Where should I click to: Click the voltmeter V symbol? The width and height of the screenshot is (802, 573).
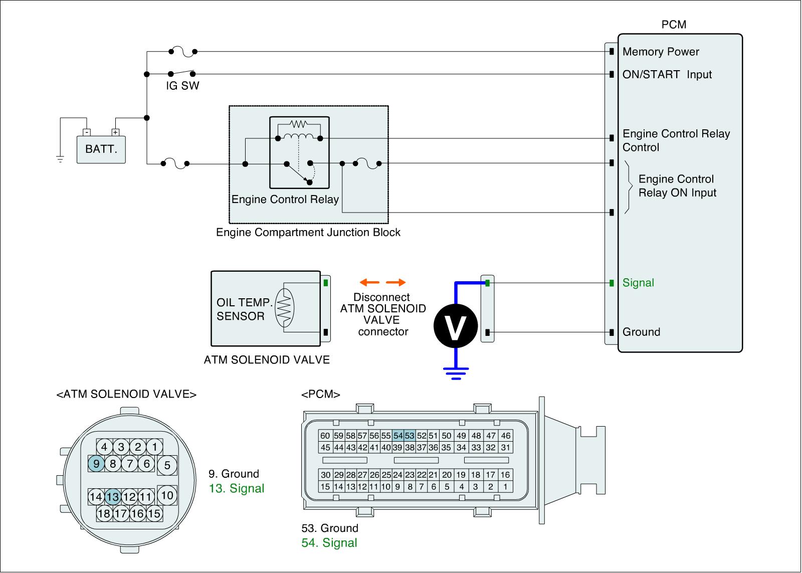coord(456,326)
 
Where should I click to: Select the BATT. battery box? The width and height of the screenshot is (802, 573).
coord(101,149)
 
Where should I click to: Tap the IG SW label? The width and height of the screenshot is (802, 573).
coord(182,86)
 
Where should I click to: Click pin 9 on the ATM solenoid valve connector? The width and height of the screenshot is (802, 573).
coord(96,463)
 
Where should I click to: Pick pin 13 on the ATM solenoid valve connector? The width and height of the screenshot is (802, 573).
coord(112,497)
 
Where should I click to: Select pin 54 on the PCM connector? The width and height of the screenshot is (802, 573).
coord(398,436)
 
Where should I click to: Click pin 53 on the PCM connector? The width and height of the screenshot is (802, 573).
coord(410,436)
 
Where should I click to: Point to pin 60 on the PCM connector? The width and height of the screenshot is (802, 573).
coord(325,436)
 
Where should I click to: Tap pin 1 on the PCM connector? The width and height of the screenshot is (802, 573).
coord(505,487)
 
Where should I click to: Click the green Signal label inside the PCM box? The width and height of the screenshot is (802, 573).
coord(638,283)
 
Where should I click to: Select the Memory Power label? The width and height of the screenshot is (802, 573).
coord(661,52)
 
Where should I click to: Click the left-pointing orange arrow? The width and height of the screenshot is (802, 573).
coord(369,282)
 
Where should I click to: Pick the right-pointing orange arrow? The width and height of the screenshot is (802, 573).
coord(395,282)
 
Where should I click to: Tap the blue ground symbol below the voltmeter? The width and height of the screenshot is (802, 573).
coord(456,373)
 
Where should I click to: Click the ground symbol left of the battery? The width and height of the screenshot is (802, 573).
coord(60,159)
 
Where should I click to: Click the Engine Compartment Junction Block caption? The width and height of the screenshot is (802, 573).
coord(308,233)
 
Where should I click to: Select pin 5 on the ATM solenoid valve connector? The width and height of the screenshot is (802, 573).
coord(167,465)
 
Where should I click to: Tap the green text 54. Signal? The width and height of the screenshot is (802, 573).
coord(329,542)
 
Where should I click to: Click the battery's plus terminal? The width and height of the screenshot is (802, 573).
coord(115,132)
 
